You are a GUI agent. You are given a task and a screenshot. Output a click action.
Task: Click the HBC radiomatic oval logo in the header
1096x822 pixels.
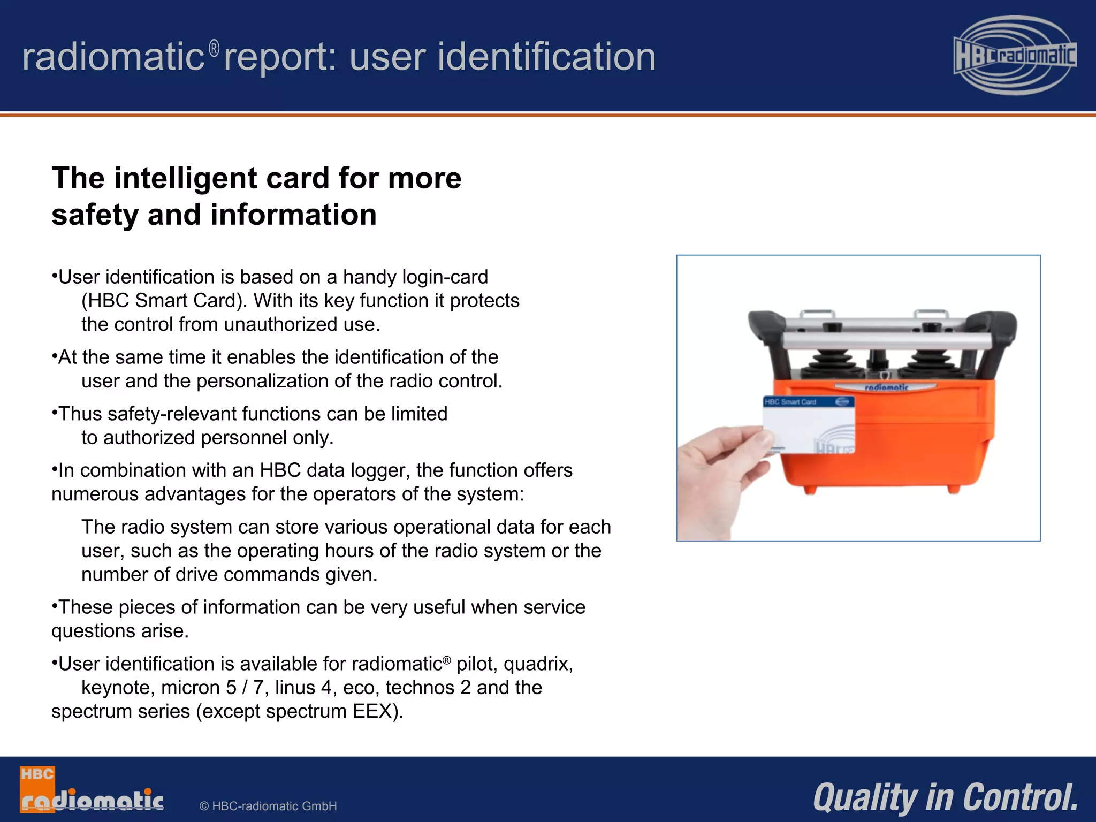[x=1015, y=55]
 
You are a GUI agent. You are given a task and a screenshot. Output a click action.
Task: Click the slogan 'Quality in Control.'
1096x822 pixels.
[x=945, y=797]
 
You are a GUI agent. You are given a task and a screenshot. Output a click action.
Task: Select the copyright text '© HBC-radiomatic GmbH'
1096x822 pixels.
[x=268, y=806]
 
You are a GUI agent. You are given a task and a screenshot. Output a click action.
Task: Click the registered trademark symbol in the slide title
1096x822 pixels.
[x=214, y=49]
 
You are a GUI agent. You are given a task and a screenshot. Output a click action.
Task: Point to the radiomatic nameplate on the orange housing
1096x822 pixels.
[x=886, y=387]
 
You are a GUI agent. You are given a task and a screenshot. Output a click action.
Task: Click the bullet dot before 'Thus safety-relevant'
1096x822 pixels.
[x=55, y=412]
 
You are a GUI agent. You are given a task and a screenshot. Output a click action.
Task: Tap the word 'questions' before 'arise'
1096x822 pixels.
[x=94, y=631]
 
